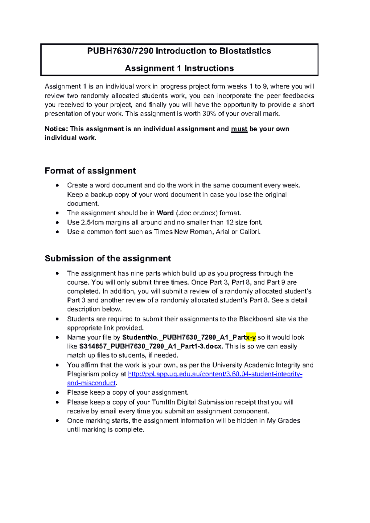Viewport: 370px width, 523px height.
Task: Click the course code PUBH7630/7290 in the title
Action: click(x=120, y=51)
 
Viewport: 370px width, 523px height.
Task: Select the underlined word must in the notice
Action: click(x=239, y=129)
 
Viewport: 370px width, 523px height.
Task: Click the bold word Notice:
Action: click(x=56, y=129)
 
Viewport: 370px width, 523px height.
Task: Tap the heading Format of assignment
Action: click(x=90, y=171)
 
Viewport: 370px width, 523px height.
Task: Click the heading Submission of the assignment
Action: click(x=108, y=258)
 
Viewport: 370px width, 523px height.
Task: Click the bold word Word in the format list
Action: click(x=165, y=213)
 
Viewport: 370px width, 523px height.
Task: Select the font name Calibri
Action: click(x=250, y=232)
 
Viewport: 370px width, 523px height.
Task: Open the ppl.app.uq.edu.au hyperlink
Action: click(x=215, y=374)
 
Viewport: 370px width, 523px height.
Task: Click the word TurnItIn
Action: click(x=163, y=403)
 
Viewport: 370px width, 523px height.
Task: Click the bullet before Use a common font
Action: click(x=57, y=232)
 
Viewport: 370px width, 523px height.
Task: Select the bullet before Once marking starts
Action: click(x=57, y=421)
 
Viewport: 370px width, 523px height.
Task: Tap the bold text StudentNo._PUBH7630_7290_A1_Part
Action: click(x=184, y=338)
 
